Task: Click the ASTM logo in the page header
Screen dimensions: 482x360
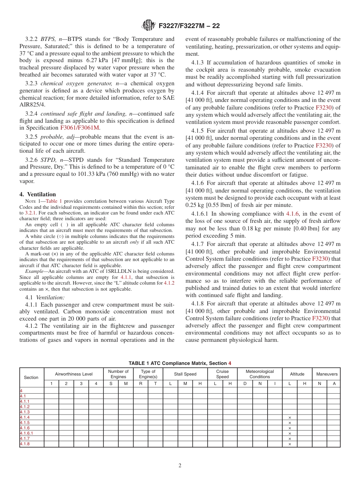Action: (x=148, y=25)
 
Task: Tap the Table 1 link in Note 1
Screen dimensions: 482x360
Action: (x=54, y=202)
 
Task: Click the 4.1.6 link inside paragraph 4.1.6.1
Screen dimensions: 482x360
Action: (x=292, y=214)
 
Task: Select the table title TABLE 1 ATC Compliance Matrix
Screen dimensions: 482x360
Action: (x=177, y=363)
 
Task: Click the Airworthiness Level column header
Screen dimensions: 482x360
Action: (x=74, y=374)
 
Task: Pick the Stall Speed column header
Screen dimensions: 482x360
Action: (x=185, y=374)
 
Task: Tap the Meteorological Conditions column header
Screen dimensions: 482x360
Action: (x=260, y=374)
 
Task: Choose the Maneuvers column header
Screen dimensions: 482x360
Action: (x=326, y=374)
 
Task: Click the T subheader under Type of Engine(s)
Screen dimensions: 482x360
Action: (x=155, y=384)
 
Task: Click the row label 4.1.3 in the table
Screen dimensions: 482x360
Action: (x=25, y=412)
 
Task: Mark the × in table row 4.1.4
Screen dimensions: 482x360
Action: (x=290, y=418)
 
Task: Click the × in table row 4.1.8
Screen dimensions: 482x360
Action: (x=290, y=444)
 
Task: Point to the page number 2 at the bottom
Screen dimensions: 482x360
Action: (x=180, y=466)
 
